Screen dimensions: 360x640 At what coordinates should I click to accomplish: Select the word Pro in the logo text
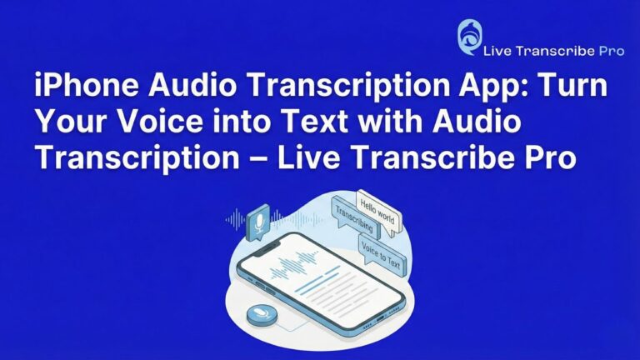point(611,52)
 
